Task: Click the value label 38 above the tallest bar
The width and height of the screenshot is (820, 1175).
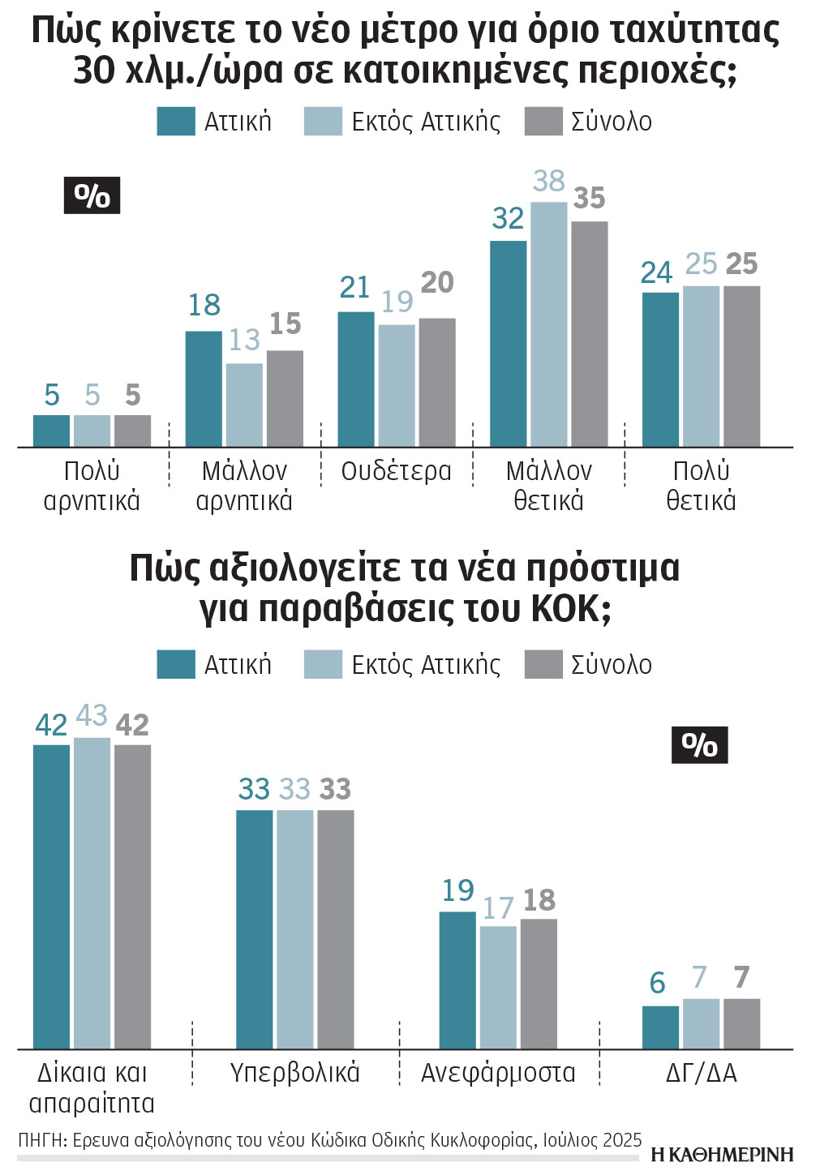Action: click(548, 181)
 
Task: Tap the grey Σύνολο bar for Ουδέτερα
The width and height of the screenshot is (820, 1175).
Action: click(437, 382)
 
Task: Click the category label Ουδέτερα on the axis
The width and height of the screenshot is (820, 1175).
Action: click(396, 471)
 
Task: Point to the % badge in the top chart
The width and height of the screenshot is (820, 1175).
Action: click(92, 195)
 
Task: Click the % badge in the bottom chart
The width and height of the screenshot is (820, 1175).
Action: click(699, 744)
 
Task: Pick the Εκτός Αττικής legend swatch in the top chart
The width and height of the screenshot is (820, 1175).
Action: click(323, 122)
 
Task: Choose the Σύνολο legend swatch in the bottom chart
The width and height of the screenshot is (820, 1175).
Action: click(543, 664)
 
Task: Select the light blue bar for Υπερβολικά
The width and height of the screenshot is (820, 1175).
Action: click(294, 928)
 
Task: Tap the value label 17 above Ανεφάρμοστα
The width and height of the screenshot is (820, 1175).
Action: click(498, 908)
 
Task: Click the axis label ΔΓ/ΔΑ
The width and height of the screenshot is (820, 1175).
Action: click(701, 1073)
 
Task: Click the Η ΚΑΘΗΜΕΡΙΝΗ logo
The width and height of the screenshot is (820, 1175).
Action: click(721, 1155)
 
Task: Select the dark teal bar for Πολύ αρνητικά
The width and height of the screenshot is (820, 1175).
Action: click(51, 431)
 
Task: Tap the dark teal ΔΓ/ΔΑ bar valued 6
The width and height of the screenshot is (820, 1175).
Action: click(660, 1027)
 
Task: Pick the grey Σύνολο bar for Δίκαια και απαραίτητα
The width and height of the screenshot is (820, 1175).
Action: click(132, 896)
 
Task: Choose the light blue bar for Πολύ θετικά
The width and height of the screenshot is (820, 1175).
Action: click(701, 366)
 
